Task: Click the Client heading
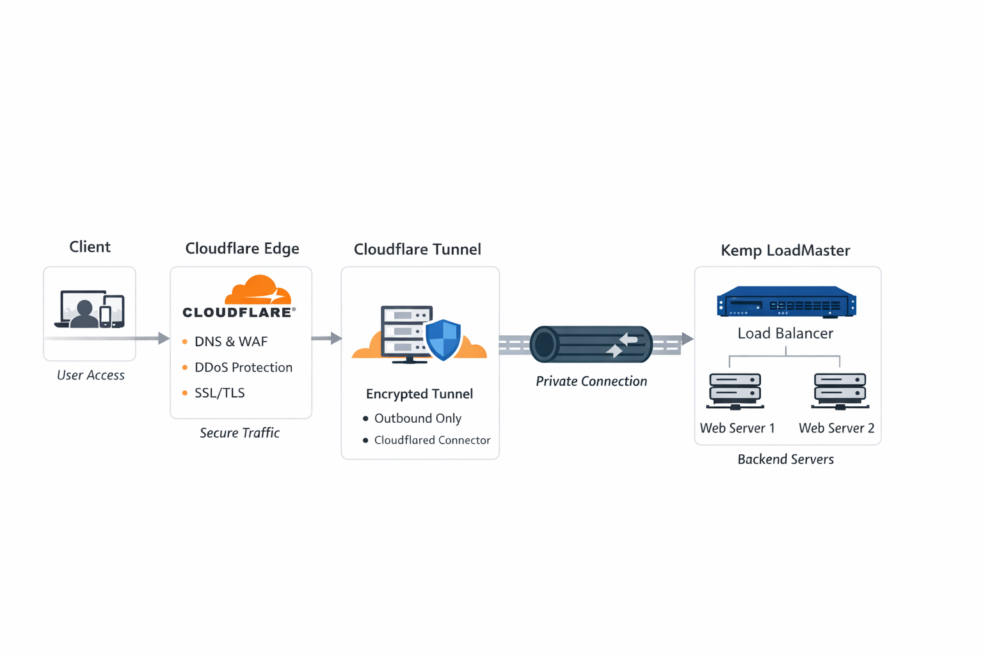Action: pyautogui.click(x=90, y=247)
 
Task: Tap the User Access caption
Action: pyautogui.click(x=90, y=375)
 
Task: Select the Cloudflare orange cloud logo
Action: pyautogui.click(x=258, y=290)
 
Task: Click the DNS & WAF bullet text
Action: pyautogui.click(x=230, y=342)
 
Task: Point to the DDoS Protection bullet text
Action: pyautogui.click(x=243, y=367)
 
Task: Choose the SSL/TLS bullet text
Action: pyautogui.click(x=220, y=393)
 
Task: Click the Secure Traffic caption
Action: pyautogui.click(x=239, y=433)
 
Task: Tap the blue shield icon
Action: pyautogui.click(x=443, y=339)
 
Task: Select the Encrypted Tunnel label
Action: pyautogui.click(x=419, y=394)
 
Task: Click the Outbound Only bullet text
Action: pyautogui.click(x=417, y=418)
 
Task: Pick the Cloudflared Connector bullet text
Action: pyautogui.click(x=432, y=440)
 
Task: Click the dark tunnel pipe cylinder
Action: pyautogui.click(x=590, y=344)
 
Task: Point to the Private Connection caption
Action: pyautogui.click(x=591, y=381)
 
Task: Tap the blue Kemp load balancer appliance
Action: pyautogui.click(x=786, y=302)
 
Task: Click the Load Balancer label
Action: pyautogui.click(x=785, y=333)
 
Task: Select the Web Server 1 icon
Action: pyautogui.click(x=735, y=391)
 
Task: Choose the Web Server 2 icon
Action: pyautogui.click(x=840, y=391)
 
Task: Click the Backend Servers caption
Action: pyautogui.click(x=785, y=459)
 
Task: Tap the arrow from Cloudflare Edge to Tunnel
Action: pyautogui.click(x=326, y=338)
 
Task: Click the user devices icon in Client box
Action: pyautogui.click(x=90, y=310)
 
